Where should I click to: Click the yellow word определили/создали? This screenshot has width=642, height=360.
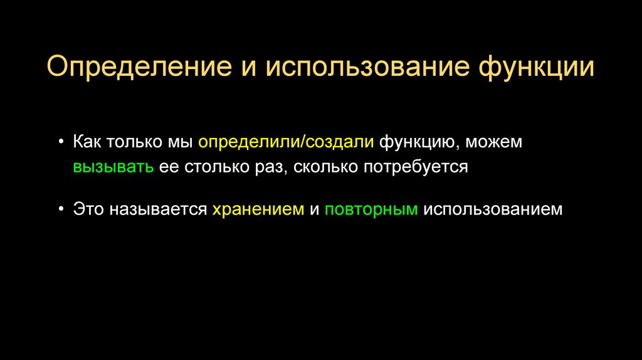(x=287, y=142)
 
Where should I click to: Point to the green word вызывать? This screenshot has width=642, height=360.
(x=113, y=167)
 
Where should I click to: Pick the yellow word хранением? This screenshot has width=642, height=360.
(x=258, y=209)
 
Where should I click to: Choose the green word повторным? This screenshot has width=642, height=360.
(x=371, y=209)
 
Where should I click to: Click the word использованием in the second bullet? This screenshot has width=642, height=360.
(x=493, y=209)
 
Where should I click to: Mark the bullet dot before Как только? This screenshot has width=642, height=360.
(x=61, y=142)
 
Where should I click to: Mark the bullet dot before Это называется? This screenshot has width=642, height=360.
(x=61, y=209)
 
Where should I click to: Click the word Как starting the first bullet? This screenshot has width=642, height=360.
(x=88, y=142)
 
